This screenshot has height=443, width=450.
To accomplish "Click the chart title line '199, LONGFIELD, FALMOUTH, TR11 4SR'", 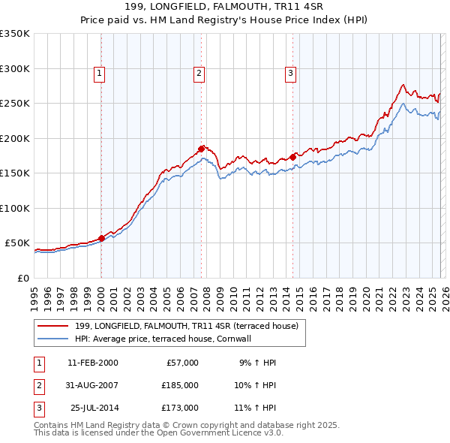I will [224, 7].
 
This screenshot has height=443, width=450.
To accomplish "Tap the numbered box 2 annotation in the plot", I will [199, 73].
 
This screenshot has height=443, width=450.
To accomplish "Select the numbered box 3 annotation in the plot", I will [290, 73].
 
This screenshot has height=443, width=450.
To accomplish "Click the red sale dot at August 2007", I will [201, 149].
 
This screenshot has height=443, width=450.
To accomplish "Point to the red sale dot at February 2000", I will [101, 238].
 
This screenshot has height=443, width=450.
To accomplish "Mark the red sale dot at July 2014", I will [292, 157].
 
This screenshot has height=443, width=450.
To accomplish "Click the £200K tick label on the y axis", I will [15, 138].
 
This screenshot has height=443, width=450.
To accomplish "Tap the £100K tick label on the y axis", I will [15, 208].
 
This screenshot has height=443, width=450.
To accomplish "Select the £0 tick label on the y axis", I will [22, 278].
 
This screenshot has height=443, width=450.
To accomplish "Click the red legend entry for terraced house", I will [187, 326].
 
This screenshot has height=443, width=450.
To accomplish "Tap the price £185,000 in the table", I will [180, 385].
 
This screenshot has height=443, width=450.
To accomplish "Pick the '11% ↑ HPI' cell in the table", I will [255, 408].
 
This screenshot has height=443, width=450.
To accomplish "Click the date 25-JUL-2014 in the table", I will [94, 408].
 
